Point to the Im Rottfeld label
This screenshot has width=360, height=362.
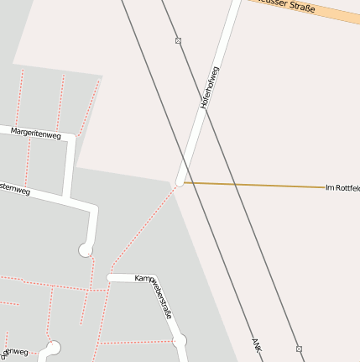342,187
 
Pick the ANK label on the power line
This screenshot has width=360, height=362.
257,344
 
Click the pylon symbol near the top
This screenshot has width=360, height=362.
178,40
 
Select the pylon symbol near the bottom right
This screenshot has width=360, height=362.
299,348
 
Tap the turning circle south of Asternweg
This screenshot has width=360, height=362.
86,249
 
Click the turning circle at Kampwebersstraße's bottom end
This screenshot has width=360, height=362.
180,341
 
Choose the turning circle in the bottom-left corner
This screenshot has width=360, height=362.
54,346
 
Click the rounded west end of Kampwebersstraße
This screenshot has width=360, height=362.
111,277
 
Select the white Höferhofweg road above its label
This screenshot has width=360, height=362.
227,29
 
